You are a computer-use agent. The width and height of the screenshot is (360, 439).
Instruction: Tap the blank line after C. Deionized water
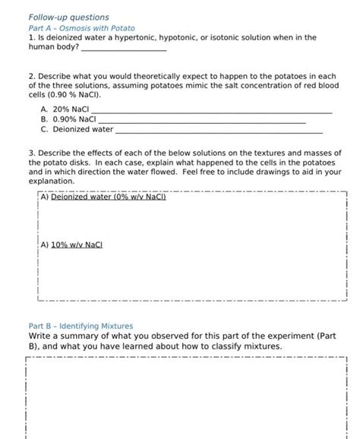pyautogui.click(x=219, y=130)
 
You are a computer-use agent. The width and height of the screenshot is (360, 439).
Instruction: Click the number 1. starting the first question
pyautogui.click(x=31, y=36)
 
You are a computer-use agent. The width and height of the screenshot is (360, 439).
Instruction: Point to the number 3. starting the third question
pyautogui.click(x=31, y=152)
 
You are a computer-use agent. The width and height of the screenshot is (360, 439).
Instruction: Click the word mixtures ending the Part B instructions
pyautogui.click(x=261, y=346)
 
